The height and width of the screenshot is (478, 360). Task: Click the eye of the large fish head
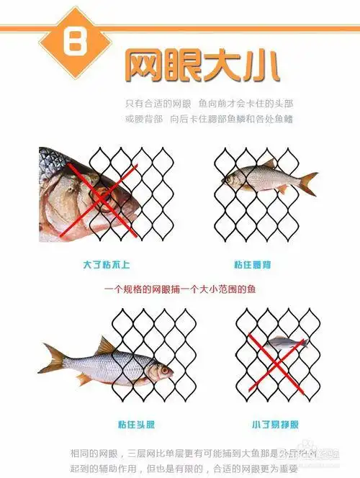coord(105,194)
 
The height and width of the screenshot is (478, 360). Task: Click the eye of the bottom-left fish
coord(165,370)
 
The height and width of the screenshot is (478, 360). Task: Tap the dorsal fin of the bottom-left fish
coord(107,346)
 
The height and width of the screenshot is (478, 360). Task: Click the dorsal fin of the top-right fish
coord(269,164)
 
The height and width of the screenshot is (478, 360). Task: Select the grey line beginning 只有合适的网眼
coord(208,104)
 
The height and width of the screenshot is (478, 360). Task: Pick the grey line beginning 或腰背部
coord(208,118)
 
